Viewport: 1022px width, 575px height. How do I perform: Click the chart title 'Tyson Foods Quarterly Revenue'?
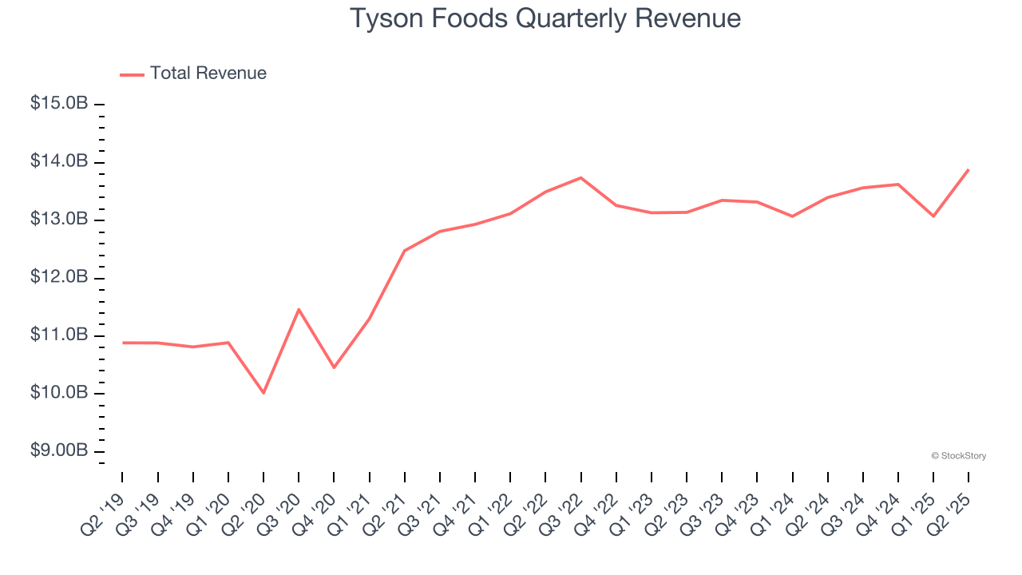[x=545, y=18]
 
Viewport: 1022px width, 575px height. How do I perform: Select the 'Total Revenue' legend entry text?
[x=208, y=73]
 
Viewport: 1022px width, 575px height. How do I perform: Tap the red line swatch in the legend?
[x=132, y=74]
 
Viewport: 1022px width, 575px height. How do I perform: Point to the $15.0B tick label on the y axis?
[x=58, y=104]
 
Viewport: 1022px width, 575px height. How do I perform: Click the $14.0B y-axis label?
[x=58, y=162]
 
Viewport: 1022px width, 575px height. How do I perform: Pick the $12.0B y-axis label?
[x=58, y=278]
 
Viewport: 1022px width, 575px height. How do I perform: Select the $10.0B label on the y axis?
[x=58, y=394]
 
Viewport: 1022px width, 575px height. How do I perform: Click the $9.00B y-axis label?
[x=58, y=451]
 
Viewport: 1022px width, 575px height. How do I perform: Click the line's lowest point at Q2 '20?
[x=263, y=393]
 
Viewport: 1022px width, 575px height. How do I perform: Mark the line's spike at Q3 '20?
[x=299, y=309]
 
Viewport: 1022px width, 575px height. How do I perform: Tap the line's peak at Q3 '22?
[x=580, y=177]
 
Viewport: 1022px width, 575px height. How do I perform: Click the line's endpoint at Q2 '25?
[x=969, y=169]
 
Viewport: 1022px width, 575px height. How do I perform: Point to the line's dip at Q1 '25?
[x=933, y=216]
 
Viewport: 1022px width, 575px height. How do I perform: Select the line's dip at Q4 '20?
[x=334, y=367]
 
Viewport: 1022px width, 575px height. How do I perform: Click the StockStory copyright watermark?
[x=958, y=456]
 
